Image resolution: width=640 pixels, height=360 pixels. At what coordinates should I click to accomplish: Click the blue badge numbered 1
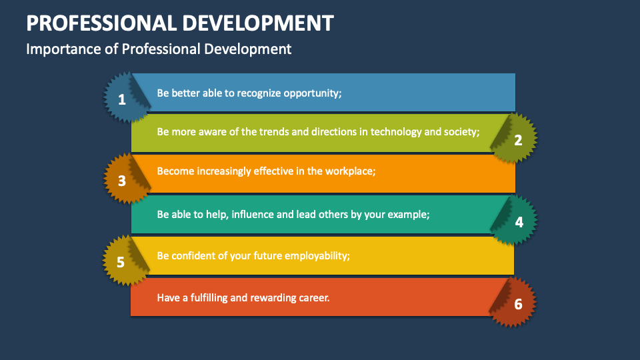pyautogui.click(x=123, y=99)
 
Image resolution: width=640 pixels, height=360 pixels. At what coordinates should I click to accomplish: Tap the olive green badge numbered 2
pyautogui.click(x=517, y=139)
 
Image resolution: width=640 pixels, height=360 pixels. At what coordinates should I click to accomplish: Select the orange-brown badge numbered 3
pyautogui.click(x=123, y=180)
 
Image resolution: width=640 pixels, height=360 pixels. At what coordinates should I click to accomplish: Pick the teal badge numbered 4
pyautogui.click(x=517, y=221)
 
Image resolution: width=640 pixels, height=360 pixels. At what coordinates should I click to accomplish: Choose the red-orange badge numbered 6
pyautogui.click(x=517, y=303)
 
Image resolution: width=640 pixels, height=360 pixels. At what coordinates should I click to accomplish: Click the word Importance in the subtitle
pyautogui.click(x=57, y=49)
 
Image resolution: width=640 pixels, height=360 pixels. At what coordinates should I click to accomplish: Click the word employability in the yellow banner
pyautogui.click(x=317, y=255)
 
